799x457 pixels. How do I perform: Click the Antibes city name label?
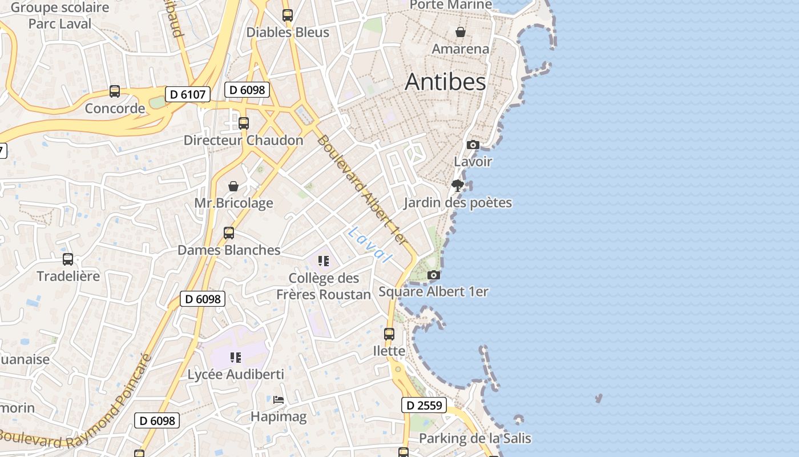(445, 82)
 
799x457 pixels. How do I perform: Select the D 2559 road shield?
(424, 405)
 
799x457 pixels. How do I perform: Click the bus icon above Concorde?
(115, 91)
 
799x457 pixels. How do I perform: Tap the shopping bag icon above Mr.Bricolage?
(233, 186)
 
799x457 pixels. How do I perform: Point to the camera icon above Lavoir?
(473, 145)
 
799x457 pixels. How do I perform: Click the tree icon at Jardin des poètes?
(457, 185)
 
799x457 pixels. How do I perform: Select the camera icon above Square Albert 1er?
(434, 275)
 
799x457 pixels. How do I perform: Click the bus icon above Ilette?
(389, 334)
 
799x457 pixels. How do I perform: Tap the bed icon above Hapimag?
(279, 400)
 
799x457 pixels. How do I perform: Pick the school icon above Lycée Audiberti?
(236, 358)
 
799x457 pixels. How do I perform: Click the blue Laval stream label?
(370, 244)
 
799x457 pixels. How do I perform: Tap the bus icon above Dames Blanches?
(229, 233)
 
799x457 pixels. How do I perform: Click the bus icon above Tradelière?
(68, 259)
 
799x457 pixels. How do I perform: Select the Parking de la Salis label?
(475, 438)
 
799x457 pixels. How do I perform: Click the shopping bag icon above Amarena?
(461, 32)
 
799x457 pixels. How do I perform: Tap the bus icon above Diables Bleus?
(288, 15)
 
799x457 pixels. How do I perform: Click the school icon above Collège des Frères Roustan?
(324, 262)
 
